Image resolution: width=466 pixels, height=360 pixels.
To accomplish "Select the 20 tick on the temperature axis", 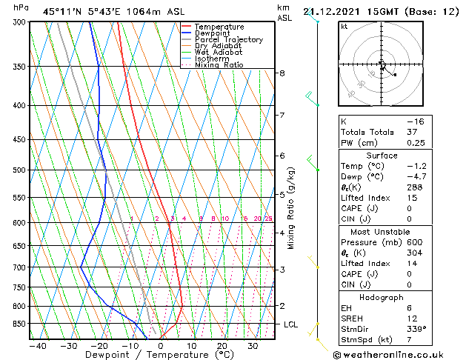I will [222, 346].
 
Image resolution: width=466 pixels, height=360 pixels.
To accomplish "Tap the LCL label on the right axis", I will [291, 324].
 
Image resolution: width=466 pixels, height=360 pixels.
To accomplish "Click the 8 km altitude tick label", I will [282, 73].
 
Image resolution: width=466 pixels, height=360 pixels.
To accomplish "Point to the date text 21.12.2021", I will [331, 11].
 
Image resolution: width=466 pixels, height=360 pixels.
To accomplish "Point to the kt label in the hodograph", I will [344, 27].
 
